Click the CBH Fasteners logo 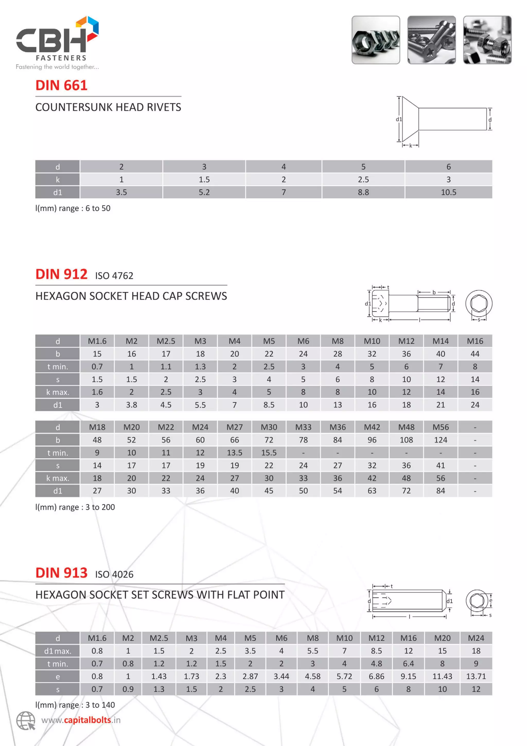tap(57, 42)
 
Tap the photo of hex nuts tap(376, 40)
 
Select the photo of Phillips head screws tap(431, 40)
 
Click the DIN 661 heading tap(61, 85)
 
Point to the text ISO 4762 tap(114, 276)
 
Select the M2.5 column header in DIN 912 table tap(166, 341)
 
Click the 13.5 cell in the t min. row tap(234, 453)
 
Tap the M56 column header tap(440, 427)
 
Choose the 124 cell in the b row tap(440, 440)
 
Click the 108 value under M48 tap(406, 440)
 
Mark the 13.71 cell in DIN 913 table tap(476, 676)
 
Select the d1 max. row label tap(57, 651)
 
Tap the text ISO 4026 tap(114, 574)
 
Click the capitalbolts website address tap(81, 720)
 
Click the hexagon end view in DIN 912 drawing tap(479, 303)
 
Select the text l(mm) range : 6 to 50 tap(73, 208)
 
